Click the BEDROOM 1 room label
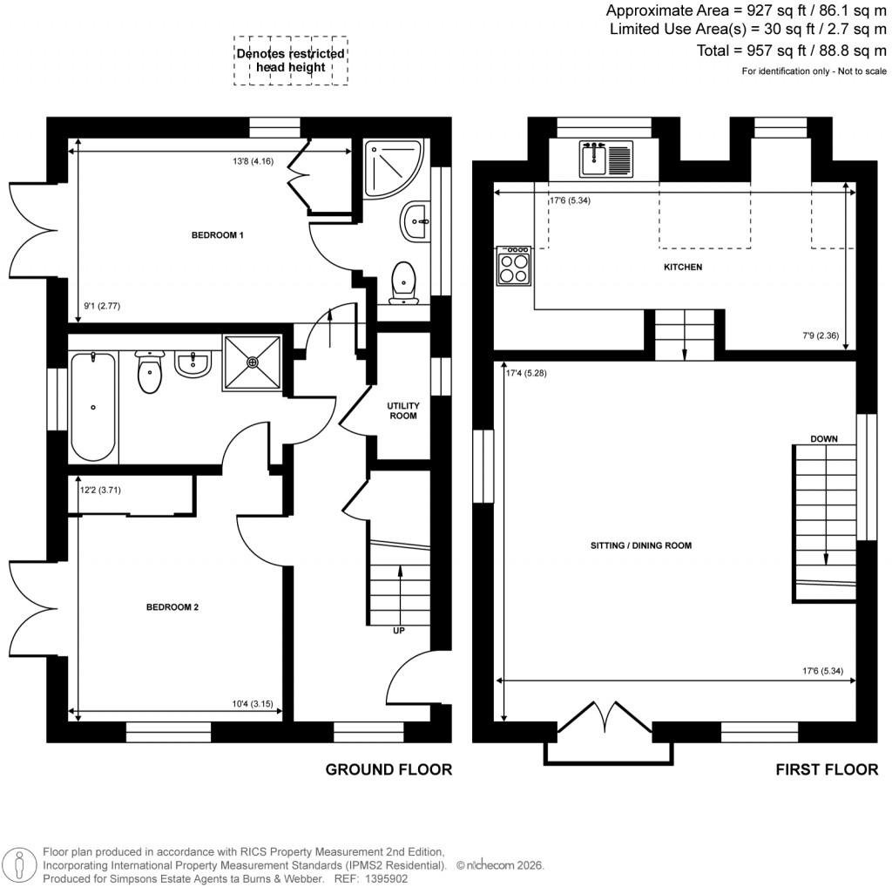217,235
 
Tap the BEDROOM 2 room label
172,607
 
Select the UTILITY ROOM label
402,411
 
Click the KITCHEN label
682,267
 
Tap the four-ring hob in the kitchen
514,266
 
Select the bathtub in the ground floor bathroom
92,406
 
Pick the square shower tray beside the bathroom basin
253,362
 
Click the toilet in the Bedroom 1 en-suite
403,282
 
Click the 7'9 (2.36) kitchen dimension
820,335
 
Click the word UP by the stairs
399,631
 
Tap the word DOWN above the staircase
823,439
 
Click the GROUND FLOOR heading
389,769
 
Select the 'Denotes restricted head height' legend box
290,60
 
